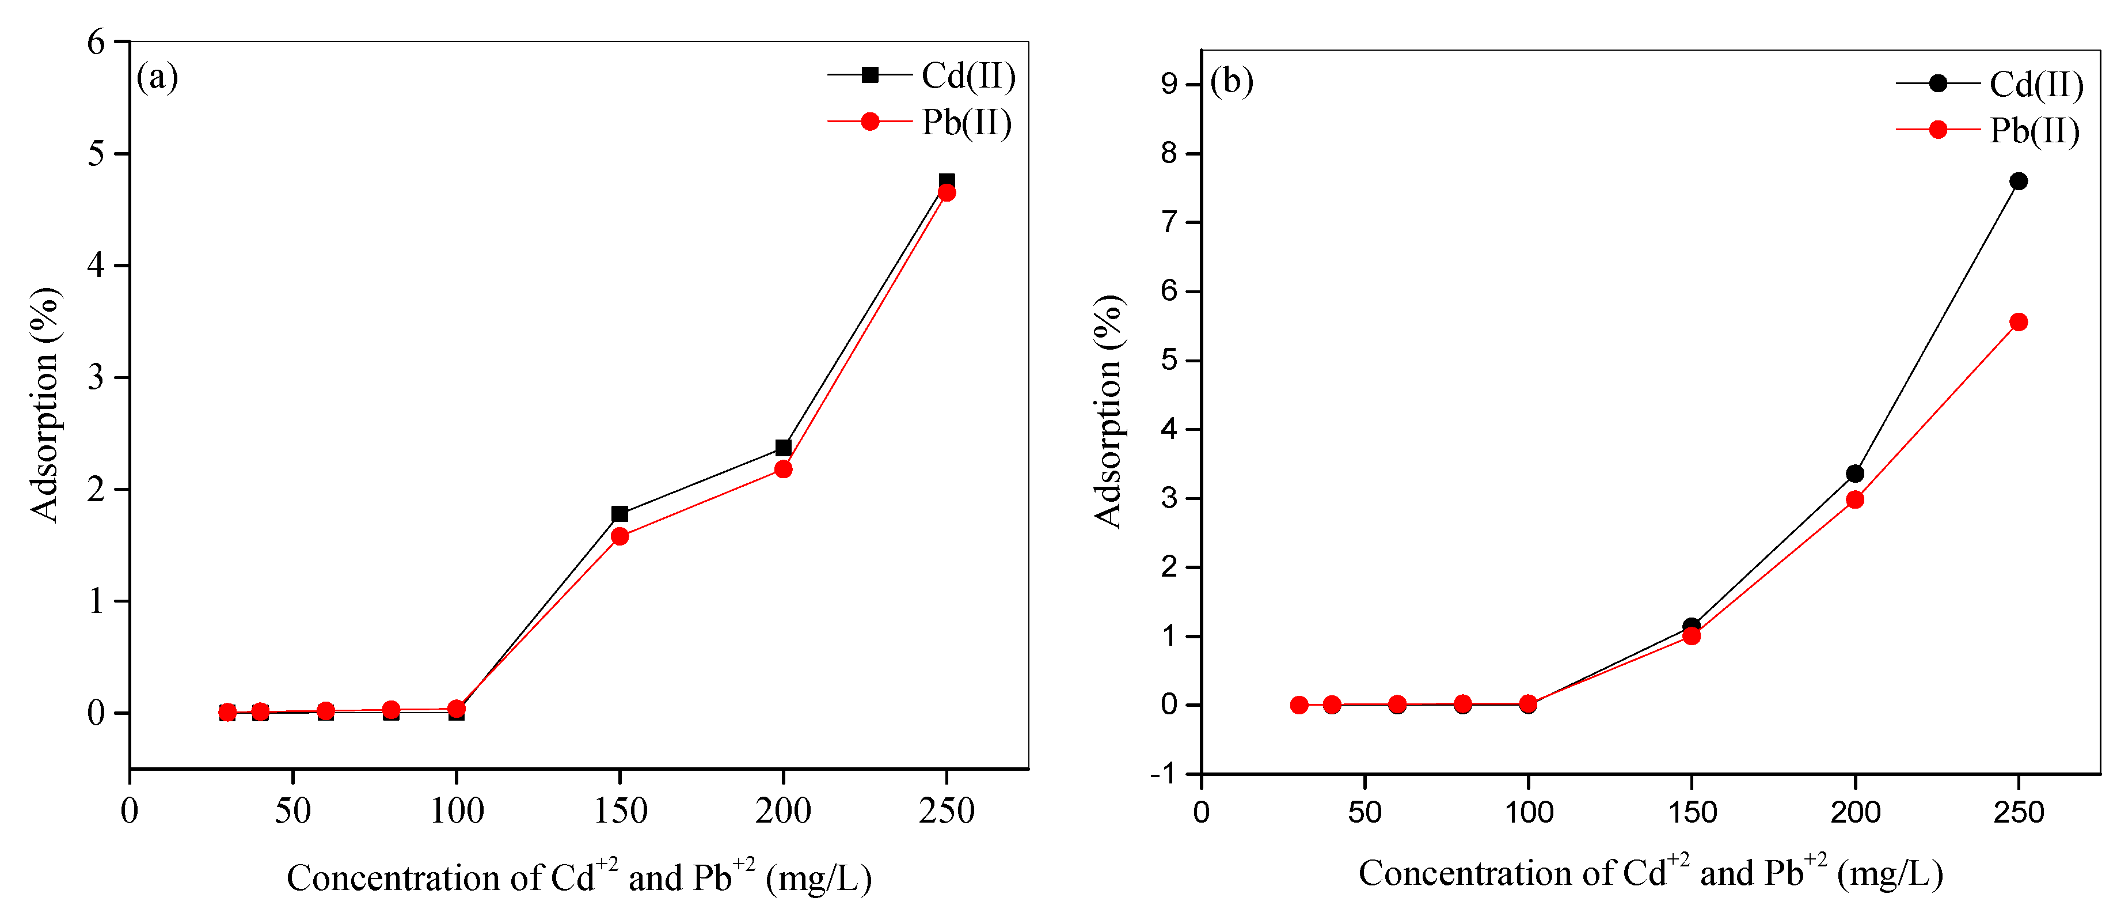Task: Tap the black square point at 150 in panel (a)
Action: coord(619,514)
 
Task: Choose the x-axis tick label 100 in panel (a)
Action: coord(457,811)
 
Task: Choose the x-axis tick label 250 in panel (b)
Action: coord(2019,813)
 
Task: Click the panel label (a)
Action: coord(157,77)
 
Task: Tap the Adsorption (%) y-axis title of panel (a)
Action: coord(45,404)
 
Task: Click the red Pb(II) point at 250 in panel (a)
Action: coord(947,193)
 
